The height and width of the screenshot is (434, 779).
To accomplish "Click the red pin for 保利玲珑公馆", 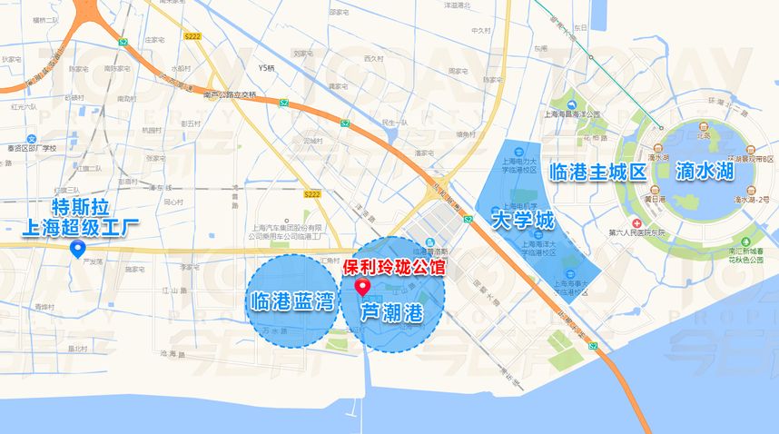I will (364, 288).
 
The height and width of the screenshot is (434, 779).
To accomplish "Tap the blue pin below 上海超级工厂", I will (78, 247).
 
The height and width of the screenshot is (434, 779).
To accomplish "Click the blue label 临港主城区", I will (598, 171).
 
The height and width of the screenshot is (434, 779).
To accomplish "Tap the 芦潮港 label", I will (391, 314).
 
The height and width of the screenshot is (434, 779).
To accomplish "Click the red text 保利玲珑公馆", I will (393, 269).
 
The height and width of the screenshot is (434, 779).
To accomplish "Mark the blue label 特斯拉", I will (74, 204).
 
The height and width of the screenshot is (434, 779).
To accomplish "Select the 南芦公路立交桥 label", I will (230, 94).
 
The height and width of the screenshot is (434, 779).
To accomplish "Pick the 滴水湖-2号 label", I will (751, 198).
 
